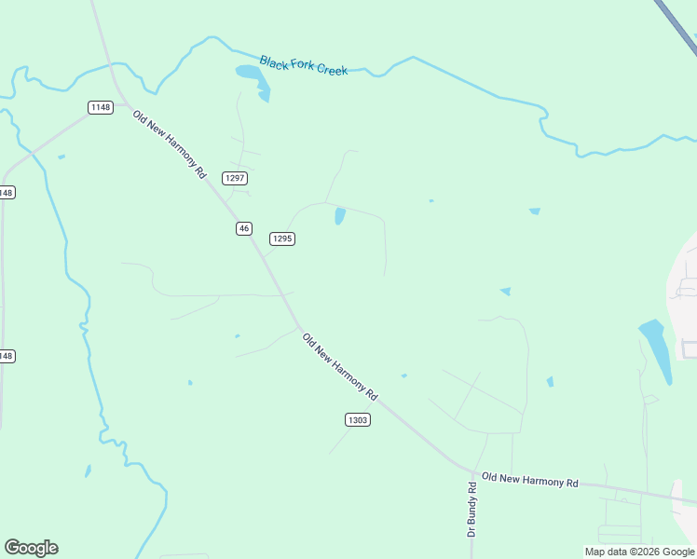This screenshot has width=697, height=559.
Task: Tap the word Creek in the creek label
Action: point(332,69)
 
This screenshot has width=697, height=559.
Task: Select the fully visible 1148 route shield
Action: point(101,107)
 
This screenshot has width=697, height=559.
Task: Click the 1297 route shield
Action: point(235,178)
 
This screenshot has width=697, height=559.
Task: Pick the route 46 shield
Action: point(244,228)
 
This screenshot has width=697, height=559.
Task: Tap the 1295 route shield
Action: point(282,239)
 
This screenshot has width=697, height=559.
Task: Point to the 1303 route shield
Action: point(358,420)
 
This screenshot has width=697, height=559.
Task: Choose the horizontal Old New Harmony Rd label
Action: point(530,480)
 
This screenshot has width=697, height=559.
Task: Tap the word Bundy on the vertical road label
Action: point(472,509)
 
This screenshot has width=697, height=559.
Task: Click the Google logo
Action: point(31,548)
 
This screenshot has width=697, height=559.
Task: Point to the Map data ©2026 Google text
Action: point(639,552)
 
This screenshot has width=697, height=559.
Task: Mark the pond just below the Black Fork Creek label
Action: point(253,76)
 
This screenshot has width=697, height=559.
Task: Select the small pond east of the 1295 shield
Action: point(339,216)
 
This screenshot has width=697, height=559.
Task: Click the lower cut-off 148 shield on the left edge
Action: point(6,356)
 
